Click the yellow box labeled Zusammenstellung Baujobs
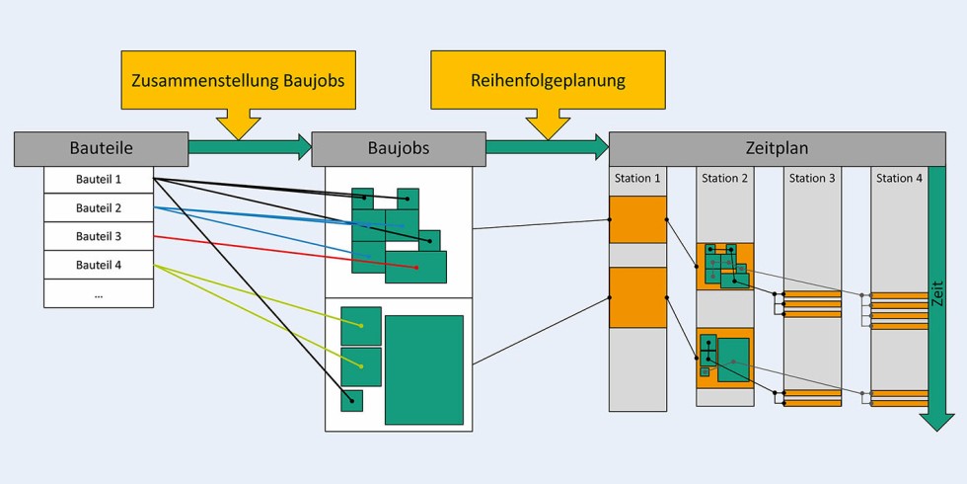(x=239, y=80)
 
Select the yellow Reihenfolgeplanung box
(x=548, y=80)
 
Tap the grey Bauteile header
(x=101, y=148)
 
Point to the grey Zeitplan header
(x=777, y=148)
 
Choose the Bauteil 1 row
(x=99, y=180)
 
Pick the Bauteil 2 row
(x=99, y=208)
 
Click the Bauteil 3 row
(x=99, y=237)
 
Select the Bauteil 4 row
(x=99, y=265)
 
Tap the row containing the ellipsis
(x=99, y=293)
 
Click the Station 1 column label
(x=637, y=179)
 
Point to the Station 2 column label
(x=724, y=179)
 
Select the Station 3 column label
(x=812, y=179)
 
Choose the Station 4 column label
(x=899, y=179)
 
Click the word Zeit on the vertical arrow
(x=937, y=292)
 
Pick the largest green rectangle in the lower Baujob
(x=424, y=369)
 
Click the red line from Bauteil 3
(x=286, y=252)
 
